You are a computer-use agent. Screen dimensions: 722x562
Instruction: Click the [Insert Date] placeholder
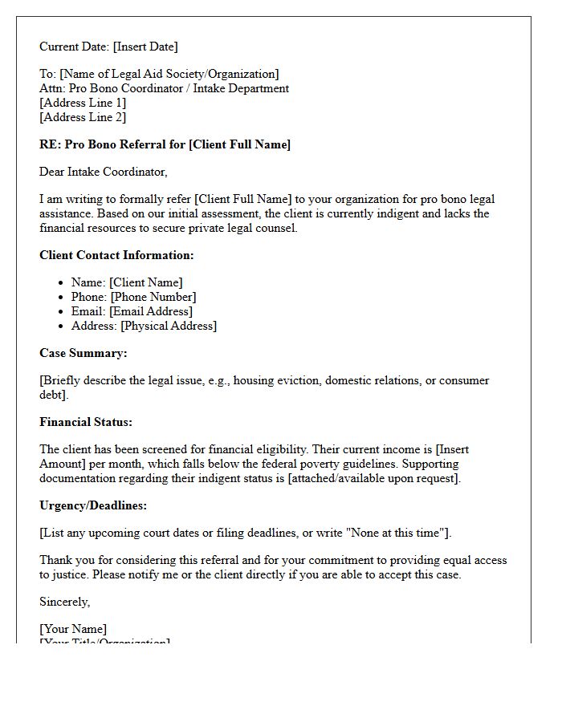[x=145, y=47]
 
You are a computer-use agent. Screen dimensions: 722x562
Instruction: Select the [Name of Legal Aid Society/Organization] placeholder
[x=168, y=75]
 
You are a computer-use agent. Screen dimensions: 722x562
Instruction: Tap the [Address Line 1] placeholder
[x=83, y=103]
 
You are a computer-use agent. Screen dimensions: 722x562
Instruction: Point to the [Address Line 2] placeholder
[x=83, y=117]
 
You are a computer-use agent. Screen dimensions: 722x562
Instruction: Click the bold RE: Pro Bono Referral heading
[x=165, y=144]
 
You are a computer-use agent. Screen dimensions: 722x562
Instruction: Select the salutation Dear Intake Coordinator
[x=103, y=172]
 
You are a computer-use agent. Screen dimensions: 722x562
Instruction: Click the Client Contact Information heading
[x=116, y=255]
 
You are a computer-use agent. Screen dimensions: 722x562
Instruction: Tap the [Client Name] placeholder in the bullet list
[x=146, y=282]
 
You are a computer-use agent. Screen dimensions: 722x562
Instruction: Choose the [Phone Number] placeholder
[x=153, y=297]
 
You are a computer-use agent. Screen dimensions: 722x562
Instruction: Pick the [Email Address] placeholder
[x=151, y=311]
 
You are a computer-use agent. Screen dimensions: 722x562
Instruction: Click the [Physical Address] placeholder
[x=169, y=326]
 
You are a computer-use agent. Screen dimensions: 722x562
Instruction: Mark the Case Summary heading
[x=83, y=353]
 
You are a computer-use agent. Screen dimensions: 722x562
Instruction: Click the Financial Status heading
[x=86, y=422]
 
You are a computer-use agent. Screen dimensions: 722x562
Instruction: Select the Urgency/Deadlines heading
[x=93, y=505]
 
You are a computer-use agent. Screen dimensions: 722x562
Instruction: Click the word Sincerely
[x=64, y=602]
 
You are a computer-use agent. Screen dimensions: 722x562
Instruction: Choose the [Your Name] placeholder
[x=73, y=629]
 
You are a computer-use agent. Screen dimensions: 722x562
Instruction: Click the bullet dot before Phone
[x=60, y=298]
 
